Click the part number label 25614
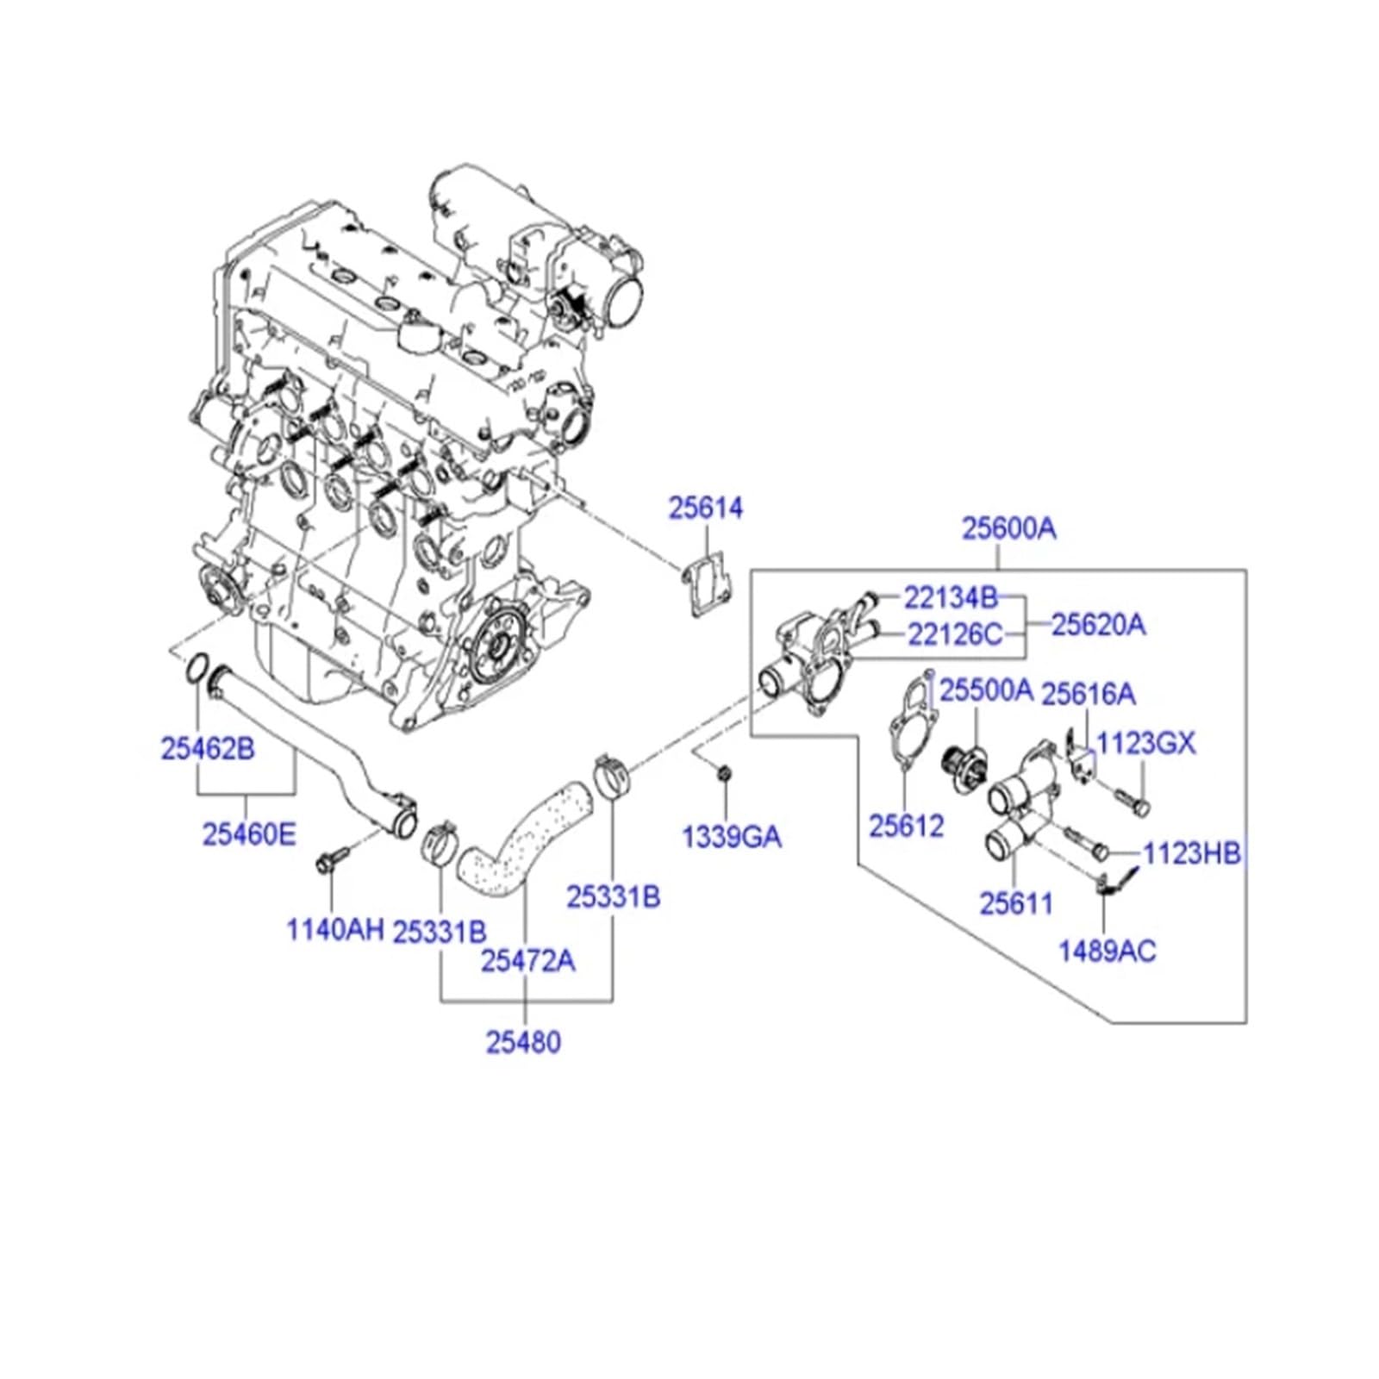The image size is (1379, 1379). pyautogui.click(x=705, y=509)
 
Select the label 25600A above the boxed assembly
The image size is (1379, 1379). pyautogui.click(x=1008, y=528)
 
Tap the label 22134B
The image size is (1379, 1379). pyautogui.click(x=950, y=597)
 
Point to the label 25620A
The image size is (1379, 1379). pyautogui.click(x=1098, y=625)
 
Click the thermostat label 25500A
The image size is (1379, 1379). pyautogui.click(x=985, y=690)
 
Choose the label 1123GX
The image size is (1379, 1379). pyautogui.click(x=1145, y=743)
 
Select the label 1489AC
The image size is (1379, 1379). pyautogui.click(x=1107, y=952)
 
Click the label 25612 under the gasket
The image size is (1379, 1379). pyautogui.click(x=906, y=827)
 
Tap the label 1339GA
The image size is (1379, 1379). pyautogui.click(x=732, y=837)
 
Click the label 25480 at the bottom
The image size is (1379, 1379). pyautogui.click(x=523, y=1043)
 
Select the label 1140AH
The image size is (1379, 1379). pyautogui.click(x=334, y=930)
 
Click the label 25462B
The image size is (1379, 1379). pyautogui.click(x=208, y=749)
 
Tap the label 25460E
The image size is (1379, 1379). pyautogui.click(x=249, y=834)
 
